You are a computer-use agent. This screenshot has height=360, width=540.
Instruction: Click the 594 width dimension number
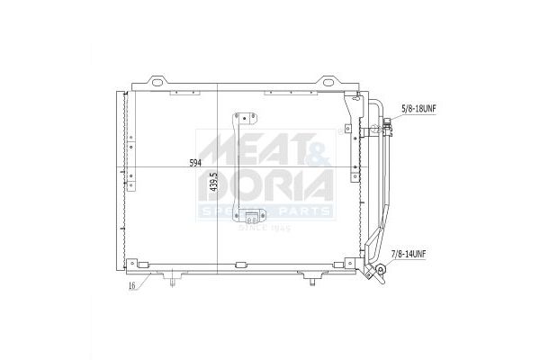(x=195, y=163)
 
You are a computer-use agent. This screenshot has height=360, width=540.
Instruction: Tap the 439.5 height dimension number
(x=214, y=182)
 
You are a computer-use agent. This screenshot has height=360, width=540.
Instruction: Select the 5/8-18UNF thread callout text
(x=418, y=109)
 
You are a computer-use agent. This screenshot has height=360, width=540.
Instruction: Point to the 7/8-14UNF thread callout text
(x=409, y=254)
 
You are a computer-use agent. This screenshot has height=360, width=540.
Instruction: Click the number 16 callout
(x=131, y=285)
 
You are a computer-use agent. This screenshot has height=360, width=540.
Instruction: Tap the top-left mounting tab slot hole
(x=157, y=83)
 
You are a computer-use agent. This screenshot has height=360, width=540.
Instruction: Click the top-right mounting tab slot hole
(x=328, y=83)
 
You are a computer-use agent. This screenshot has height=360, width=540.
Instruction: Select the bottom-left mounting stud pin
(x=173, y=283)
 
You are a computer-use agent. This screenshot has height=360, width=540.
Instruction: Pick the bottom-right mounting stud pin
(x=312, y=283)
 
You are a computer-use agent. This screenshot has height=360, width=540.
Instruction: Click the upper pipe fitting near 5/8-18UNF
(x=388, y=126)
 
